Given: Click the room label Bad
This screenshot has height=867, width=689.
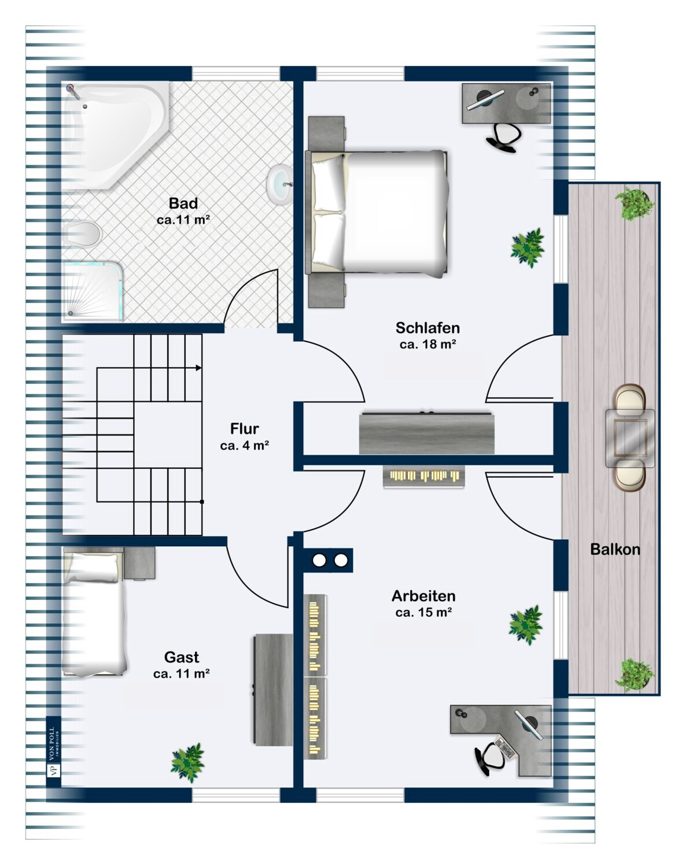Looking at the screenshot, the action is click(x=183, y=203).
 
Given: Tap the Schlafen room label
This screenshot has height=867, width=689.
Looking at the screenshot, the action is click(x=428, y=328).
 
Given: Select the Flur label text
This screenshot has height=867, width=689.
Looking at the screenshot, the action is click(x=245, y=429).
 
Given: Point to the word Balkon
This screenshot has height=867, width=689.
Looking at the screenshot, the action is click(x=615, y=550).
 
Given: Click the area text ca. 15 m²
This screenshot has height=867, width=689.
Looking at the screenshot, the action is click(x=423, y=612).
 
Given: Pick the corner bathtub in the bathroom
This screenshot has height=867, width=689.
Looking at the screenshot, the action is click(x=115, y=135).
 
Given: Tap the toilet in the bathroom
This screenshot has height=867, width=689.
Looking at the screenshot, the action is click(x=82, y=234).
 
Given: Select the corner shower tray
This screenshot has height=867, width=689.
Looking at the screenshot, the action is click(x=92, y=291).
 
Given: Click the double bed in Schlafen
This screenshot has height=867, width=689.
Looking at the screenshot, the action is click(x=377, y=213).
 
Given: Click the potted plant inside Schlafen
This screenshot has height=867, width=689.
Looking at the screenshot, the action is click(x=527, y=247).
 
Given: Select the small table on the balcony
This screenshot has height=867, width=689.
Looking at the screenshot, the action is click(x=629, y=438).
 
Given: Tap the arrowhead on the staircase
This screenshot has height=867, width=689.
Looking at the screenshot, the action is click(x=198, y=368).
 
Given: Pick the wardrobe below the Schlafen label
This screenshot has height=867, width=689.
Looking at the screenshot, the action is click(x=427, y=432).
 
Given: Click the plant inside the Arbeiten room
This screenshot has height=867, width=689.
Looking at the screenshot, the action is click(x=526, y=624).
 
